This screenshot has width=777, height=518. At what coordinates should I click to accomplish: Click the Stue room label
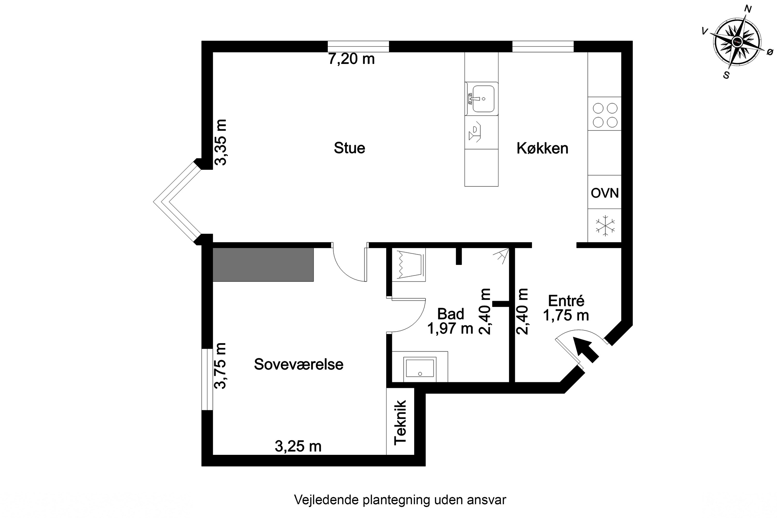click(x=349, y=148)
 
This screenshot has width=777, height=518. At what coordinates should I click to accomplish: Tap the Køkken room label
click(x=542, y=148)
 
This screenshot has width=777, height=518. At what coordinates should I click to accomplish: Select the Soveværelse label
click(x=298, y=364)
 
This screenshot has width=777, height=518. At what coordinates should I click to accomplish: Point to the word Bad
click(x=450, y=314)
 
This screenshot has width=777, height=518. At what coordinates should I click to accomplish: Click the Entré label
click(x=566, y=301)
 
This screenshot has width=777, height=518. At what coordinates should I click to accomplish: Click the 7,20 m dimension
click(x=351, y=59)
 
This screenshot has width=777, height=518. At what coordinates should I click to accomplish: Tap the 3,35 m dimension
click(x=221, y=142)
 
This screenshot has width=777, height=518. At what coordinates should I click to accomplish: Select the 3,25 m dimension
click(x=298, y=446)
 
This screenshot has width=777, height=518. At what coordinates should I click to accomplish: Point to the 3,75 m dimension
click(x=220, y=366)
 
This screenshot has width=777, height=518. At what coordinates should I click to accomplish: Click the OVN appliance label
click(x=605, y=193)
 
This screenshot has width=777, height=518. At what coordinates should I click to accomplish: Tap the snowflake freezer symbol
click(x=605, y=226)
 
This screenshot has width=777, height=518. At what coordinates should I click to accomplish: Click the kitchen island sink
click(x=483, y=98)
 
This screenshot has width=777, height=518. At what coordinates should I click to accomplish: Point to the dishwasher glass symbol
click(x=475, y=132)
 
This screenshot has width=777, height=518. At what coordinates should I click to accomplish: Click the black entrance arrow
click(x=585, y=349)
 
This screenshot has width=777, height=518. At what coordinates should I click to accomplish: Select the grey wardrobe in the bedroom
click(x=263, y=265)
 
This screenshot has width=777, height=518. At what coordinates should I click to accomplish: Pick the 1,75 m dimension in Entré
click(x=566, y=315)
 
